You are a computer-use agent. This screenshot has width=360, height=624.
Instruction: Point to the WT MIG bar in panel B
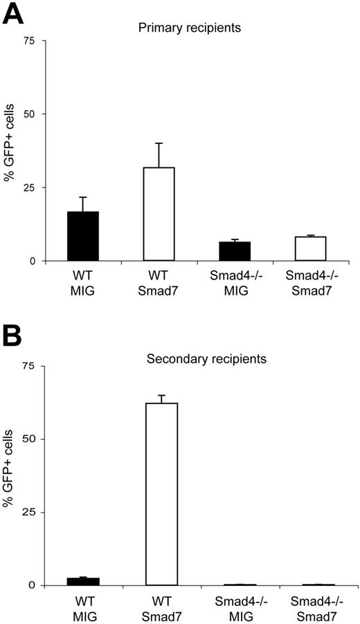(84, 581)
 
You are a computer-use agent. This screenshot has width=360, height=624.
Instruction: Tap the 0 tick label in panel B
(32, 585)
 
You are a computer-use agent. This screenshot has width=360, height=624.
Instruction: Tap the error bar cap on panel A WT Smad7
(159, 143)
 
